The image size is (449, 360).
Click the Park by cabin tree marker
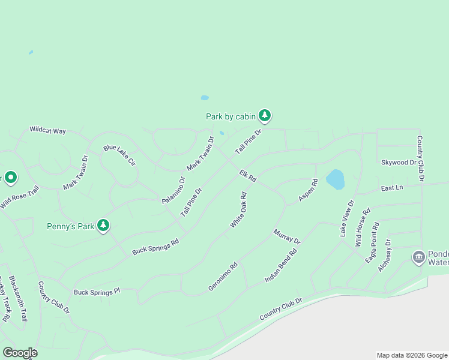[x=265, y=115]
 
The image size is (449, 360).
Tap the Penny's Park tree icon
[x=104, y=225]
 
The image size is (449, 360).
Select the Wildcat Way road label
[x=47, y=130]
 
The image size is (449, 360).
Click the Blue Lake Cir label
[x=119, y=155]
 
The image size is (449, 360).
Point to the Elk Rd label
[x=248, y=176]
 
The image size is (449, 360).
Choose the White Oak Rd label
[x=239, y=210]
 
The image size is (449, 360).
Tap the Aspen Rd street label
[x=308, y=190]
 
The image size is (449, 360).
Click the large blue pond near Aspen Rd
[x=335, y=179]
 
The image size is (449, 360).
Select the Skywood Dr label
[x=399, y=163]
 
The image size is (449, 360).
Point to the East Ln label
[x=391, y=188]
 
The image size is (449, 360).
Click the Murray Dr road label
[x=286, y=236]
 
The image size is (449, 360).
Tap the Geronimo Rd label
[x=223, y=277]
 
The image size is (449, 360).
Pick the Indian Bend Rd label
[x=282, y=266]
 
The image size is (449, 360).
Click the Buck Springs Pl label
[x=97, y=292]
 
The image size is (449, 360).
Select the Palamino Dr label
[x=173, y=190]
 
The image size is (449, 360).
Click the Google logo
[x=20, y=353]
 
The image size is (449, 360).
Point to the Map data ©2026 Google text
[x=412, y=355]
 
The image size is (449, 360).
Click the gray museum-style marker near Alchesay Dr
[x=418, y=257]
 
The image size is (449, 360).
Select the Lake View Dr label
[x=348, y=218]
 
